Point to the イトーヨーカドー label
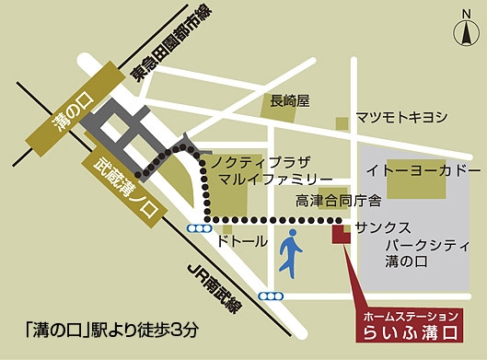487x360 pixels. click(423, 173)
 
